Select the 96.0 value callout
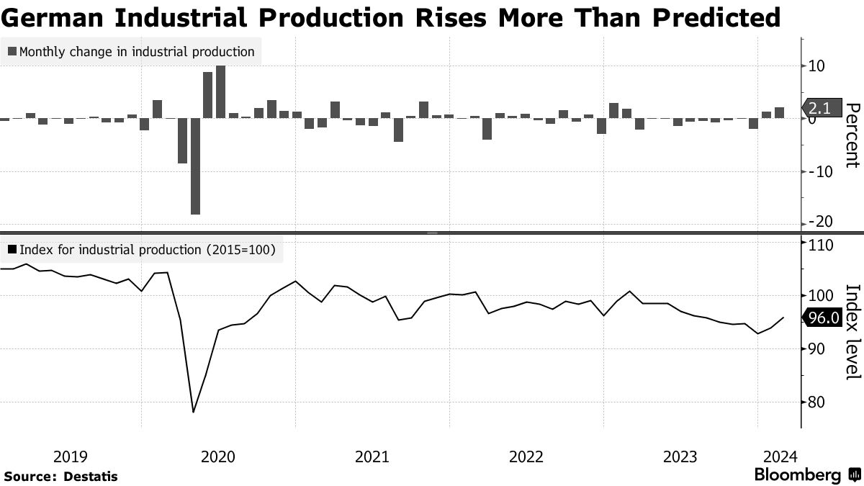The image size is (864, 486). coord(823,318)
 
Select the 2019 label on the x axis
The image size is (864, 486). coord(71,456)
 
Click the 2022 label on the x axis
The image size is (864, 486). coord(526,456)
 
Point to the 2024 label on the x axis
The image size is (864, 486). coord(780,456)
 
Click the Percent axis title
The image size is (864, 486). coord(852,135)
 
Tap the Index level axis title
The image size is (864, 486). coord(852,332)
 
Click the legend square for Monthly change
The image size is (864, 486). coord(12,52)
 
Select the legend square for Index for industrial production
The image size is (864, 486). coord(12,250)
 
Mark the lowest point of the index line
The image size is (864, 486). coord(193,413)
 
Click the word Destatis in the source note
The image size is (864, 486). coord(91,477)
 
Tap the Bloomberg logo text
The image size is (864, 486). coord(798,475)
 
